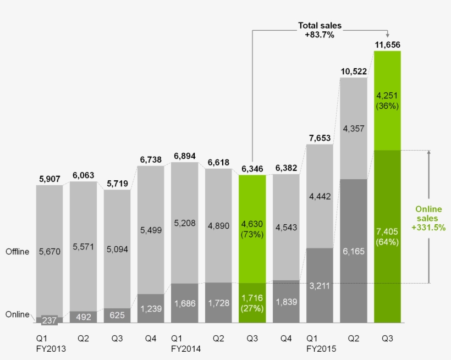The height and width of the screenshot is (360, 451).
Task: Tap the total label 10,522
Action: click(353, 71)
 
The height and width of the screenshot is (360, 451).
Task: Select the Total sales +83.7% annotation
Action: click(320, 30)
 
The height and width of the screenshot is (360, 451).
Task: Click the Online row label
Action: click(18, 314)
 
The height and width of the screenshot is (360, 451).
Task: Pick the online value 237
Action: click(50, 319)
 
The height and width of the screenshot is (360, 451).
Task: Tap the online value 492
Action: click(83, 317)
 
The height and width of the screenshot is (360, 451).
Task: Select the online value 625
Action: click(117, 316)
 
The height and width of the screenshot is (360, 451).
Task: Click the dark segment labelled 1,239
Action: click(151, 309)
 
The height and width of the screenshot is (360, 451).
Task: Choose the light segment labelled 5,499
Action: click(151, 230)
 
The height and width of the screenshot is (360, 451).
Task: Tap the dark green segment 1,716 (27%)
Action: click(252, 303)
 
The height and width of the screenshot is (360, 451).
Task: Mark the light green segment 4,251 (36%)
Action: click(387, 100)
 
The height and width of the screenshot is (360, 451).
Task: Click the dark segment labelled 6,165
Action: click(353, 251)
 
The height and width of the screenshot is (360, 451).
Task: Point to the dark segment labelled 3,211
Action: click(320, 285)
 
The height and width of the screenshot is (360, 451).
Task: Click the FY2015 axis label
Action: click(322, 348)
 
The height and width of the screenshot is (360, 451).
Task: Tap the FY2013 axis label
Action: click(51, 348)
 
